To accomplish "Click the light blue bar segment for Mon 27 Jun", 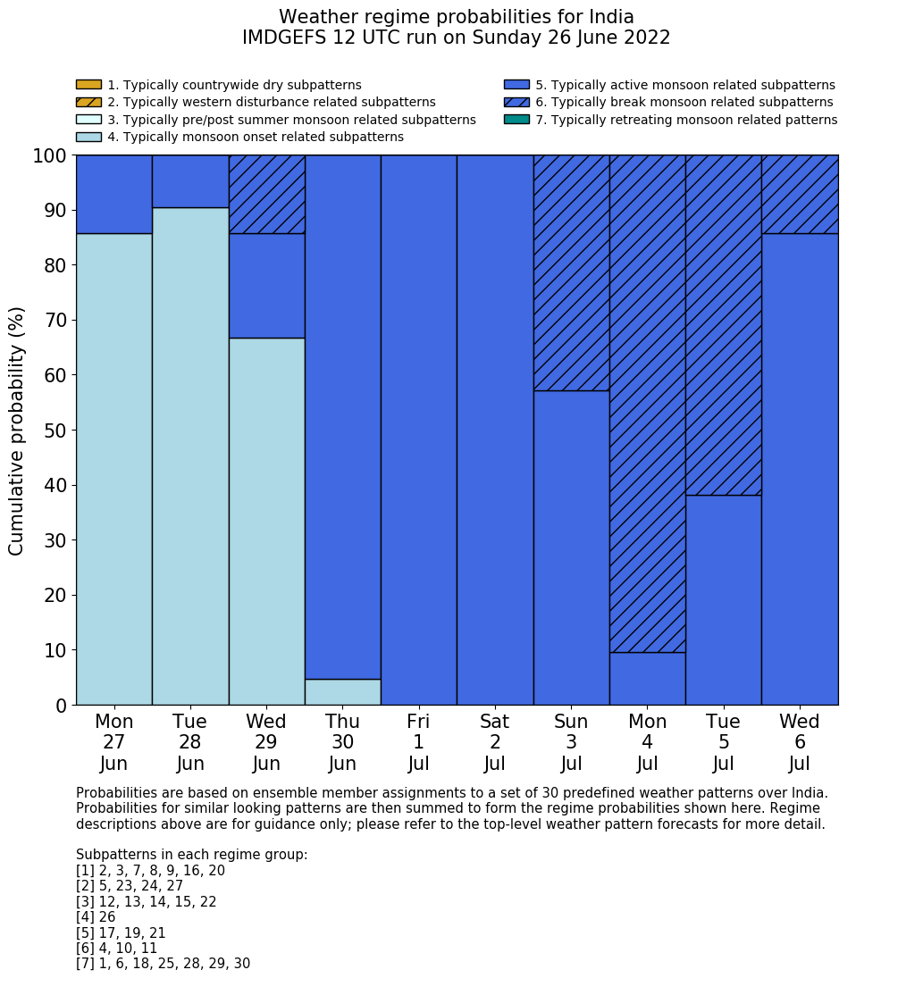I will pos(113,469).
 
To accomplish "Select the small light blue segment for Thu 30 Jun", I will pos(342,692).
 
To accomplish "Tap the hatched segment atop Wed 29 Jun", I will pos(266,194).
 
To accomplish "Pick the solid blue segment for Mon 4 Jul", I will pos(647,679).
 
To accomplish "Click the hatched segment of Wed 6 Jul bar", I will pos(800,194).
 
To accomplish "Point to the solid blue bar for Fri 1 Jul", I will pos(418,430).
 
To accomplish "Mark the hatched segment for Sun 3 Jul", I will pos(571,272).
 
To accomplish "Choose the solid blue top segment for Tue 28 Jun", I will pos(189,181).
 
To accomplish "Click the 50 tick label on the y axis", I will pos(55,431).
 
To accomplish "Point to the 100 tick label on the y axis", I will pos(50,156).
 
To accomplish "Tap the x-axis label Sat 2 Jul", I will pos(494,742).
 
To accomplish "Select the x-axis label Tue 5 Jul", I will pos(723,742).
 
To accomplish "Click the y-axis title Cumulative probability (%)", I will pos(17,431).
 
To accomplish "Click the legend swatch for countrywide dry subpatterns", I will pos(88,85).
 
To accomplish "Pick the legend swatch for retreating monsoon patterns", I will pos(516,120).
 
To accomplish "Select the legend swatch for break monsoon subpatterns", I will pos(516,103).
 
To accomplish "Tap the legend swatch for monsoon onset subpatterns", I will pos(88,137).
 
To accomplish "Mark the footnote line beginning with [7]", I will pos(163,964).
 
